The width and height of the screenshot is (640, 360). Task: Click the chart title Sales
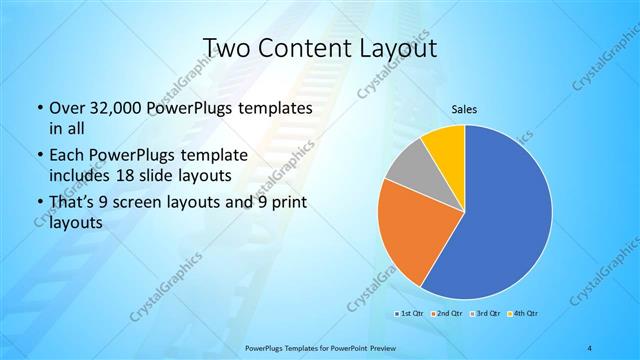coord(464,109)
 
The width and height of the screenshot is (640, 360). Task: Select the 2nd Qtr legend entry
coord(448,314)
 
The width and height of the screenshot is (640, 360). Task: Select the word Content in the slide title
coord(304,48)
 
